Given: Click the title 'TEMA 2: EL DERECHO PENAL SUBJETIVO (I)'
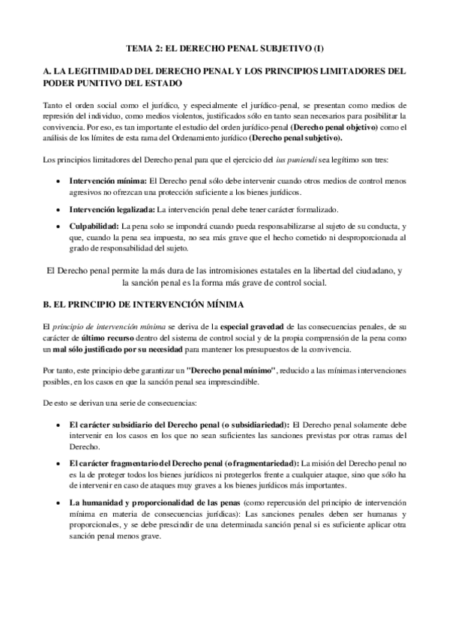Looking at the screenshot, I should pyautogui.click(x=224, y=47).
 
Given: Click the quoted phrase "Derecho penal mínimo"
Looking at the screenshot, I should pyautogui.click(x=234, y=370).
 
